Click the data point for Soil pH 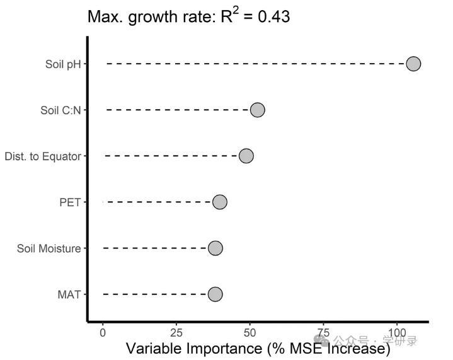pos(413,64)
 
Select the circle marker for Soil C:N pos(257,110)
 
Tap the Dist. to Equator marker pos(246,156)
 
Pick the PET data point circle pos(219,202)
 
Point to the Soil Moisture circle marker pos(215,248)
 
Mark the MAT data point pos(215,294)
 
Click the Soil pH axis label pos(63,64)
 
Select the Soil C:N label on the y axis pos(60,110)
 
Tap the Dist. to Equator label pos(43,156)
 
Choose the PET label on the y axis pos(70,202)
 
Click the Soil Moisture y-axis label pos(49,248)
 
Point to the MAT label pos(69,294)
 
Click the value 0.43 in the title pos(274,16)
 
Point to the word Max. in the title pos(105,16)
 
